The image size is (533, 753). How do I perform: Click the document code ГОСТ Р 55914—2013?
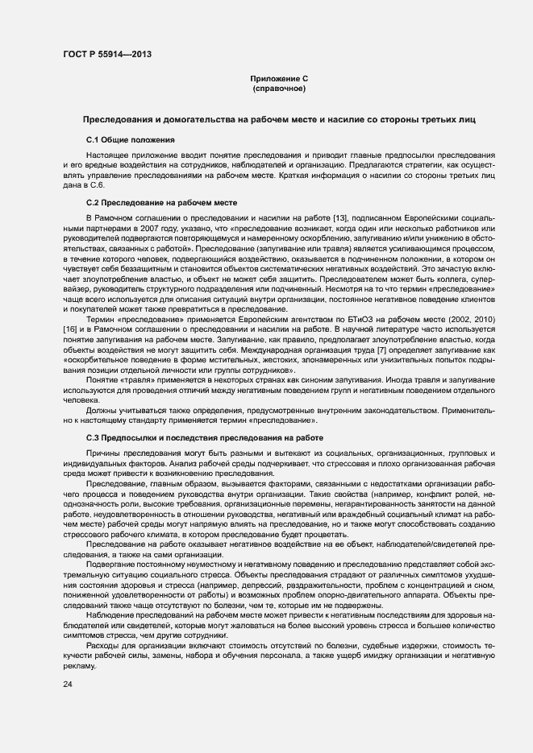pos(106,55)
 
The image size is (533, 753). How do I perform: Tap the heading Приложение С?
pos(280,79)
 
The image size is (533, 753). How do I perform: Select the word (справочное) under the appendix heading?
pos(279,89)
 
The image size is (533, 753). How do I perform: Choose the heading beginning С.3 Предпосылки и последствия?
pos(205,437)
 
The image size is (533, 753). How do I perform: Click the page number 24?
pos(68,684)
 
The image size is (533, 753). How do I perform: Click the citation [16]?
pos(70,329)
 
